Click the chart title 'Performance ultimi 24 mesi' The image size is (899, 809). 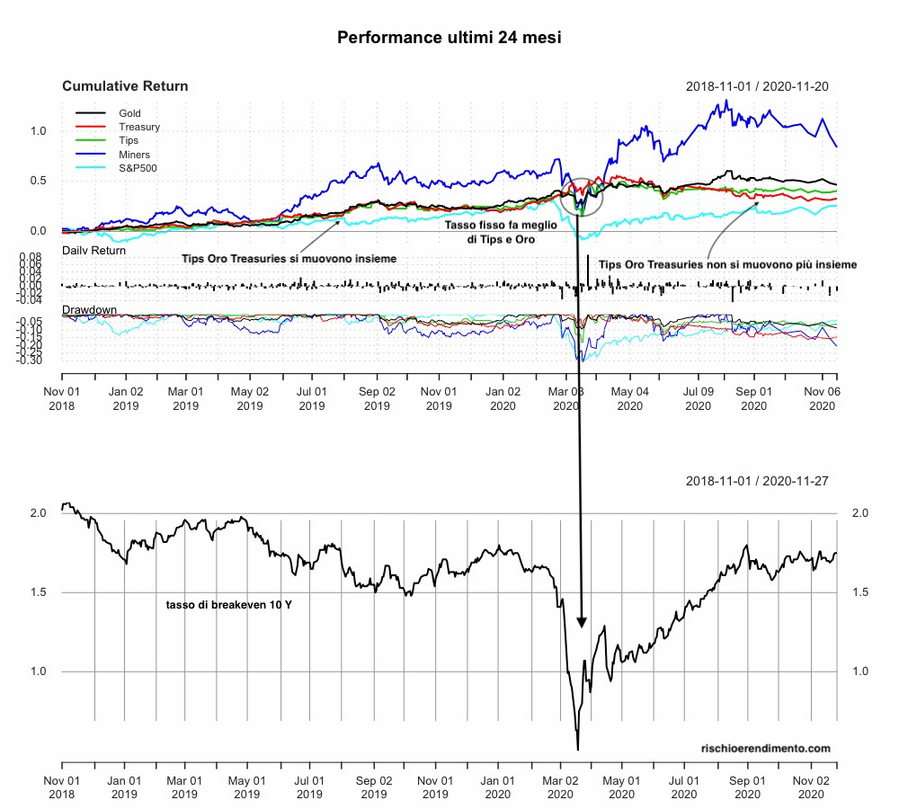pyautogui.click(x=449, y=38)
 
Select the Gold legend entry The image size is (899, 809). pyautogui.click(x=130, y=113)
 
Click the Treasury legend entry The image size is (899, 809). pyautogui.click(x=138, y=127)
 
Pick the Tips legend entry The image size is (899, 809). pyautogui.click(x=129, y=140)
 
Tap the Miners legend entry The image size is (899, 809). pyautogui.click(x=134, y=155)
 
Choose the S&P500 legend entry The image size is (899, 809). pyautogui.click(x=138, y=168)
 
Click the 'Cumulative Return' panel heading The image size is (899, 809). pyautogui.click(x=125, y=86)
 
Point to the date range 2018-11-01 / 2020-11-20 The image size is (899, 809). pyautogui.click(x=757, y=86)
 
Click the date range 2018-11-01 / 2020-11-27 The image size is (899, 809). pyautogui.click(x=757, y=482)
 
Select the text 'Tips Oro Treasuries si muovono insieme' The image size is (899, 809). pyautogui.click(x=289, y=258)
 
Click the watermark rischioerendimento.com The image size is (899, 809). pyautogui.click(x=765, y=748)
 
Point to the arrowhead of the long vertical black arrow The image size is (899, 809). pyautogui.click(x=582, y=622)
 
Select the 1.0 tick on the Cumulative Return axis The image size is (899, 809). pyautogui.click(x=37, y=130)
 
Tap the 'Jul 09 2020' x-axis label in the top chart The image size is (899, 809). pyautogui.click(x=691, y=398)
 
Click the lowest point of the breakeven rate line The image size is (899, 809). pyautogui.click(x=577, y=749)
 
